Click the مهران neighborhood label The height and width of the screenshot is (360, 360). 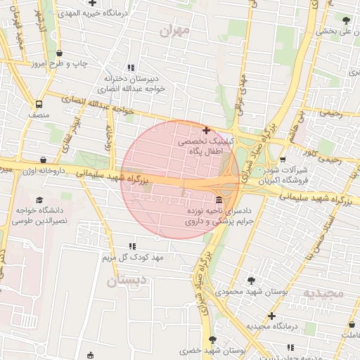click(x=175, y=32)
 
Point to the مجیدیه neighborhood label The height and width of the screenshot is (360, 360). click(x=323, y=292)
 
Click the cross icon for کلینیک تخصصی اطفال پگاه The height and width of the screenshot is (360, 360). click(x=206, y=130)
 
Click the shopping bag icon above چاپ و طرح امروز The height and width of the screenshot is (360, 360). click(x=59, y=53)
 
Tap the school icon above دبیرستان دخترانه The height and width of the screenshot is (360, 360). click(x=130, y=67)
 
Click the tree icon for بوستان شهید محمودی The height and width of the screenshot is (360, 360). click(x=232, y=280)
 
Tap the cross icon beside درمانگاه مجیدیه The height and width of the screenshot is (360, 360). click(x=272, y=316)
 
